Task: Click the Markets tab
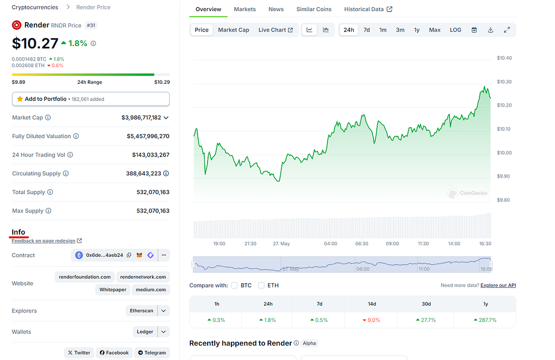[x=245, y=9]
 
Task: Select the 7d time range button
[x=367, y=30]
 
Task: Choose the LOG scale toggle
[x=456, y=30]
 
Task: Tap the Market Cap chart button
[x=234, y=30]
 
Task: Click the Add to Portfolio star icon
[x=20, y=99]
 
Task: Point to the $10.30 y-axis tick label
[x=504, y=82]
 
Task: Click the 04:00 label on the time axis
[x=331, y=244]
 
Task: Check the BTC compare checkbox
[x=234, y=285]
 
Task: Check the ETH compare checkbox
[x=261, y=285]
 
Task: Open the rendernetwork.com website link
[x=143, y=277]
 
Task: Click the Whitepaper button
[x=113, y=290]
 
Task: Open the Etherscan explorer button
[x=142, y=311]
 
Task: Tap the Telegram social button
[x=152, y=353]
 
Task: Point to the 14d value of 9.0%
[x=371, y=320]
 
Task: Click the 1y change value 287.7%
[x=485, y=320]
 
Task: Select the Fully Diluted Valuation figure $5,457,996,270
[x=148, y=136]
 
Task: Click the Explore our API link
[x=498, y=285]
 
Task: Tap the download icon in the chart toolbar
[x=490, y=30]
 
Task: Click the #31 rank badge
[x=91, y=26]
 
